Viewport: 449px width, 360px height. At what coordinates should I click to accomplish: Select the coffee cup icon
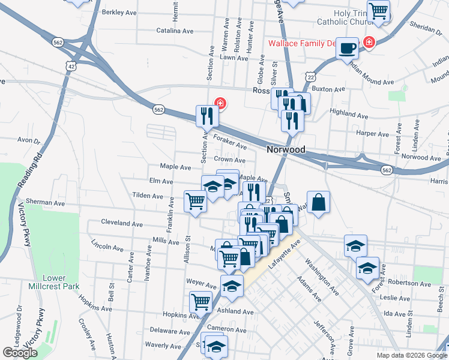347,49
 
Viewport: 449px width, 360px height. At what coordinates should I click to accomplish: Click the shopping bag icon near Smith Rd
318,202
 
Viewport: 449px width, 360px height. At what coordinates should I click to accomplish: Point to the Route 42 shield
72,66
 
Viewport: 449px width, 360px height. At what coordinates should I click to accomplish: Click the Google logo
20,353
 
